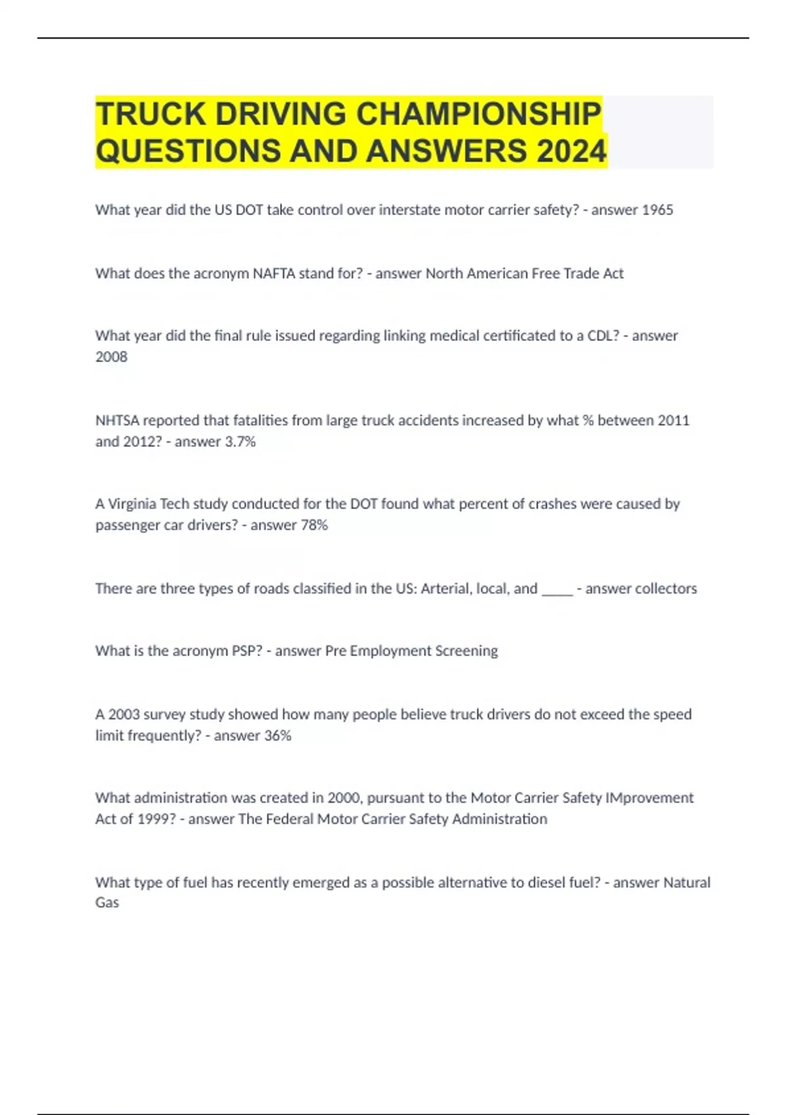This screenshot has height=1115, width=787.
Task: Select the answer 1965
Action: pyautogui.click(x=656, y=210)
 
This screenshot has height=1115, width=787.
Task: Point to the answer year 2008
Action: pyautogui.click(x=111, y=357)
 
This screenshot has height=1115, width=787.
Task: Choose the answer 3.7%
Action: pyautogui.click(x=240, y=442)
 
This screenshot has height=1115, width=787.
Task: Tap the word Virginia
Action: pyautogui.click(x=132, y=504)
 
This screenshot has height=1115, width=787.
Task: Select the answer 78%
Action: pyautogui.click(x=313, y=525)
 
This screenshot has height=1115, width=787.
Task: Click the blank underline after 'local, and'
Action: pyautogui.click(x=557, y=589)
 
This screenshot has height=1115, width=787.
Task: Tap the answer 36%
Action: pyautogui.click(x=277, y=736)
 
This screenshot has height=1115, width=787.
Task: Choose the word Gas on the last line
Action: pyautogui.click(x=107, y=903)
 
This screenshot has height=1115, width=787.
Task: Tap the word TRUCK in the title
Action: pyautogui.click(x=151, y=114)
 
